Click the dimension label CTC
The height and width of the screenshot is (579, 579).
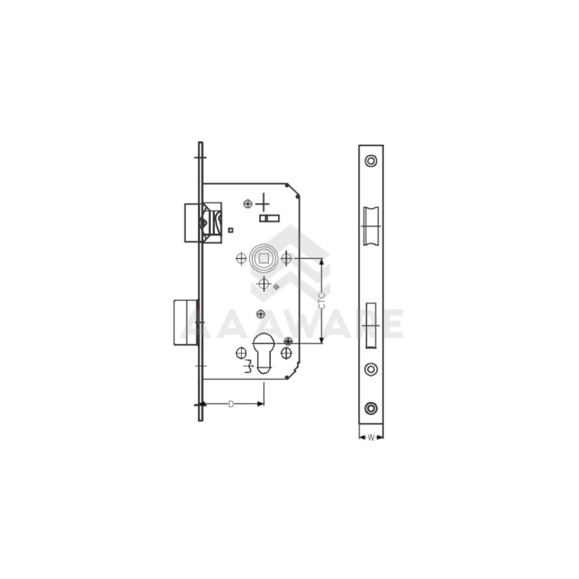click(x=321, y=300)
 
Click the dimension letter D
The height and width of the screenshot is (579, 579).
click(x=231, y=404)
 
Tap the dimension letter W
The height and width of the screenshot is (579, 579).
click(x=371, y=437)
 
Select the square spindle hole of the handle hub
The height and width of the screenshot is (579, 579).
click(x=263, y=258)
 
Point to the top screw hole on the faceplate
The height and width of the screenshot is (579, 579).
click(x=371, y=161)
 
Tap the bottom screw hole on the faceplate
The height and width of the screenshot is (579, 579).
click(x=371, y=407)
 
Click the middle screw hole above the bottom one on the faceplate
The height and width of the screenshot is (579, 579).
click(x=371, y=369)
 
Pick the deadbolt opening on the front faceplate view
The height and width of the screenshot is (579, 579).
click(x=371, y=325)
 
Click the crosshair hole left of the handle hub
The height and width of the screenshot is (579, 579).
click(x=241, y=258)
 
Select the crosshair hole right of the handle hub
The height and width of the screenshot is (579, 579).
click(x=286, y=258)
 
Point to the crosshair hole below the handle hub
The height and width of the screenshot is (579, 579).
click(x=263, y=284)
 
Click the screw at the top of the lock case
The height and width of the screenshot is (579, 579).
click(x=247, y=204)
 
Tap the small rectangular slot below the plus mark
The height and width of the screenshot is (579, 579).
click(x=269, y=218)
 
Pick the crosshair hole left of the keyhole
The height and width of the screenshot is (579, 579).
click(x=241, y=353)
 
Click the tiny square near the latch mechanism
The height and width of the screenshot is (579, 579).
click(x=231, y=230)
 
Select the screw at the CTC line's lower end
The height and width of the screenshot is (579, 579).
click(x=288, y=340)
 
